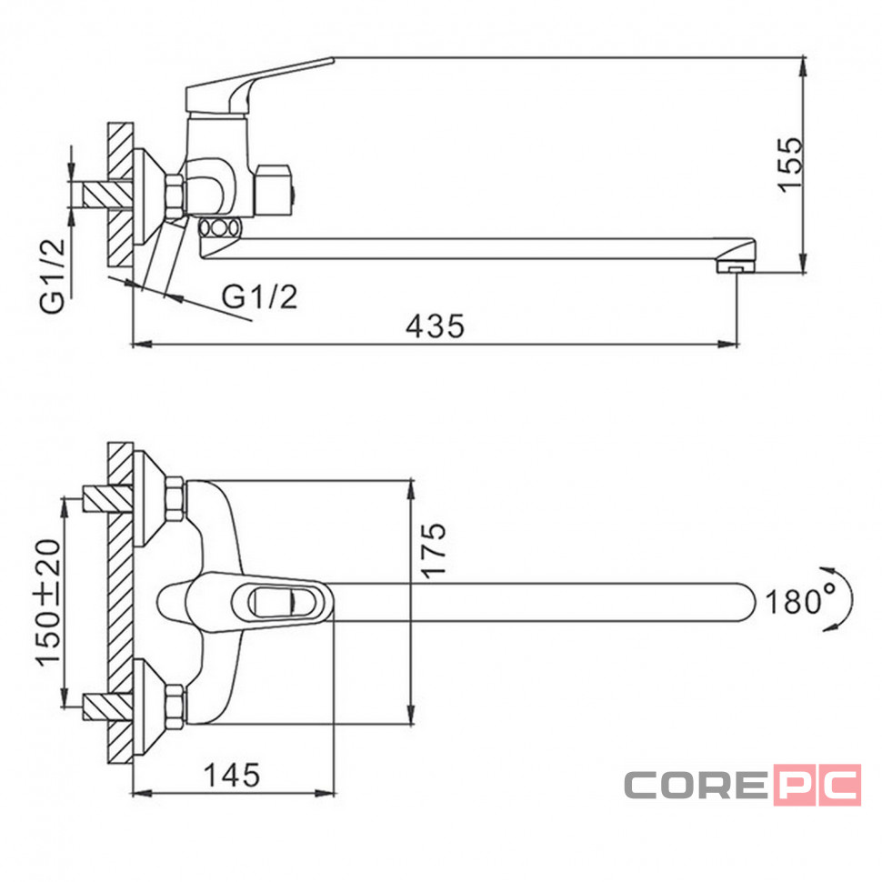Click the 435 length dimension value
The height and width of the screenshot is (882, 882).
tap(436, 326)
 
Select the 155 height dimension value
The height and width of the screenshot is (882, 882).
tap(790, 165)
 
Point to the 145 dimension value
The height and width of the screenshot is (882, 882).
tap(232, 775)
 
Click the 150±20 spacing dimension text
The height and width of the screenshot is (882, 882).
tap(48, 603)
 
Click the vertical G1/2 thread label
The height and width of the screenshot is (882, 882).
tap(53, 276)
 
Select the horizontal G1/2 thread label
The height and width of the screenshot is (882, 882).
tap(259, 296)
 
